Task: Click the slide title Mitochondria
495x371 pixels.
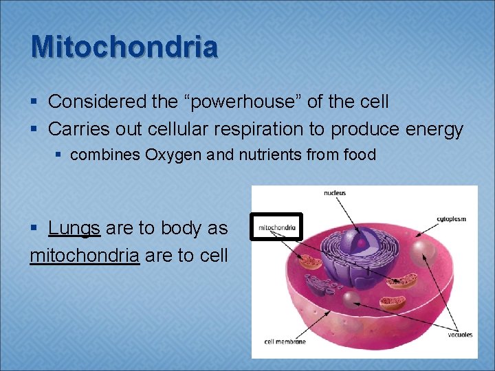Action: pyautogui.click(x=124, y=47)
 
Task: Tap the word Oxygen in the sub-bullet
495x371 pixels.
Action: pyautogui.click(x=177, y=155)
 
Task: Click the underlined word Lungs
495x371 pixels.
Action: pyautogui.click(x=74, y=229)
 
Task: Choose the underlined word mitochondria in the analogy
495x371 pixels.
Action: pyautogui.click(x=85, y=256)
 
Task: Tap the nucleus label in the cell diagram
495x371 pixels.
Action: pyautogui.click(x=335, y=193)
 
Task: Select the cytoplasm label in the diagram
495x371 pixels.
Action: pyautogui.click(x=451, y=219)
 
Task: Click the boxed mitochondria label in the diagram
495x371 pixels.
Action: pyautogui.click(x=276, y=226)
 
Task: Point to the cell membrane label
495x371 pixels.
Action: pyautogui.click(x=284, y=341)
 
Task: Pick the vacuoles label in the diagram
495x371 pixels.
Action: pyautogui.click(x=460, y=335)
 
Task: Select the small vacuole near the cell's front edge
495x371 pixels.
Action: pyautogui.click(x=351, y=297)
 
